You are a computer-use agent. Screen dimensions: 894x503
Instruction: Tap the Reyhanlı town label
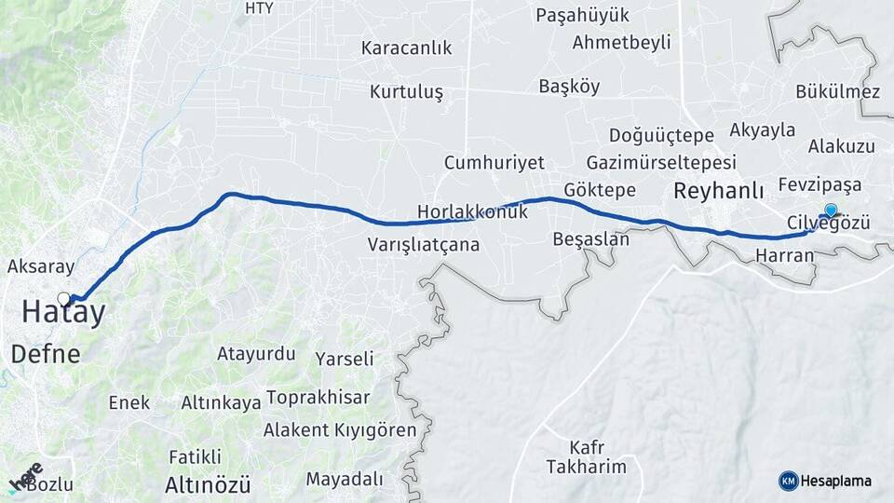click(717, 191)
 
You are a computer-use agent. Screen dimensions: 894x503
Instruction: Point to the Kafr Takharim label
click(586, 456)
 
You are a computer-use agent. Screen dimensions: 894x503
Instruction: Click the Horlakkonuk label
click(472, 212)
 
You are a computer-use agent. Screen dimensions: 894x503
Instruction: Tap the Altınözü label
click(208, 484)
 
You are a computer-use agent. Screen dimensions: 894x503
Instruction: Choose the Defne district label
click(46, 354)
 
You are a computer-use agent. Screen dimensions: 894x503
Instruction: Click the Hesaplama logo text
click(837, 481)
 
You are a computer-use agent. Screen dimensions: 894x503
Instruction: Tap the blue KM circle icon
click(788, 481)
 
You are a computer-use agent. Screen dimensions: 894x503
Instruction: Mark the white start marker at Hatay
click(63, 298)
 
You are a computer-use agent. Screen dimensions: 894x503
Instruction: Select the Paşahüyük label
click(583, 16)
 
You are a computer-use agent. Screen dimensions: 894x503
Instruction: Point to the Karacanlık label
click(405, 48)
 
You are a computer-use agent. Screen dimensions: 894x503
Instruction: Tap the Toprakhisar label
click(318, 398)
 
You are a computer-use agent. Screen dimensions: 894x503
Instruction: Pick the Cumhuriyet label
click(494, 162)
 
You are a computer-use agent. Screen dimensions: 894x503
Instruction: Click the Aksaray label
click(40, 266)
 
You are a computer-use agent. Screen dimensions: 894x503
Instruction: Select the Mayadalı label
click(344, 479)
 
